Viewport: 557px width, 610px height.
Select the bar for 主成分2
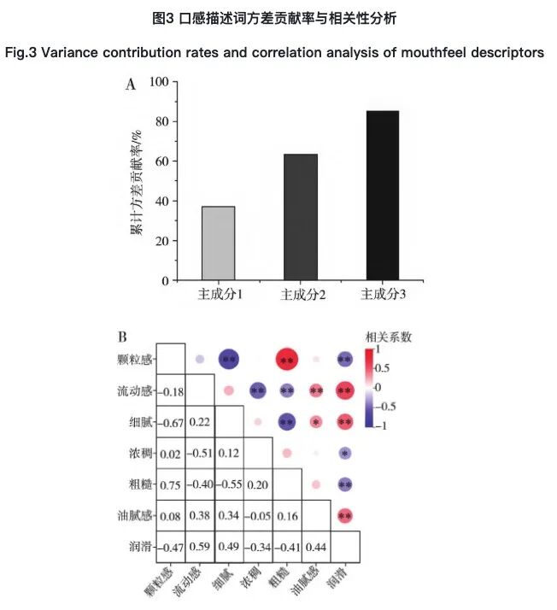click(x=300, y=217)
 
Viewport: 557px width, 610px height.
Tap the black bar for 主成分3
click(x=382, y=196)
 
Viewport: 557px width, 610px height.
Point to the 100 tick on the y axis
click(x=158, y=82)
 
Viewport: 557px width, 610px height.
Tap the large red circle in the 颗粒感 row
click(x=287, y=361)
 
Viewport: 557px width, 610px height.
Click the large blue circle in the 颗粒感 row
click(x=229, y=361)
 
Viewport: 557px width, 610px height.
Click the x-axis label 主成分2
click(x=300, y=295)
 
